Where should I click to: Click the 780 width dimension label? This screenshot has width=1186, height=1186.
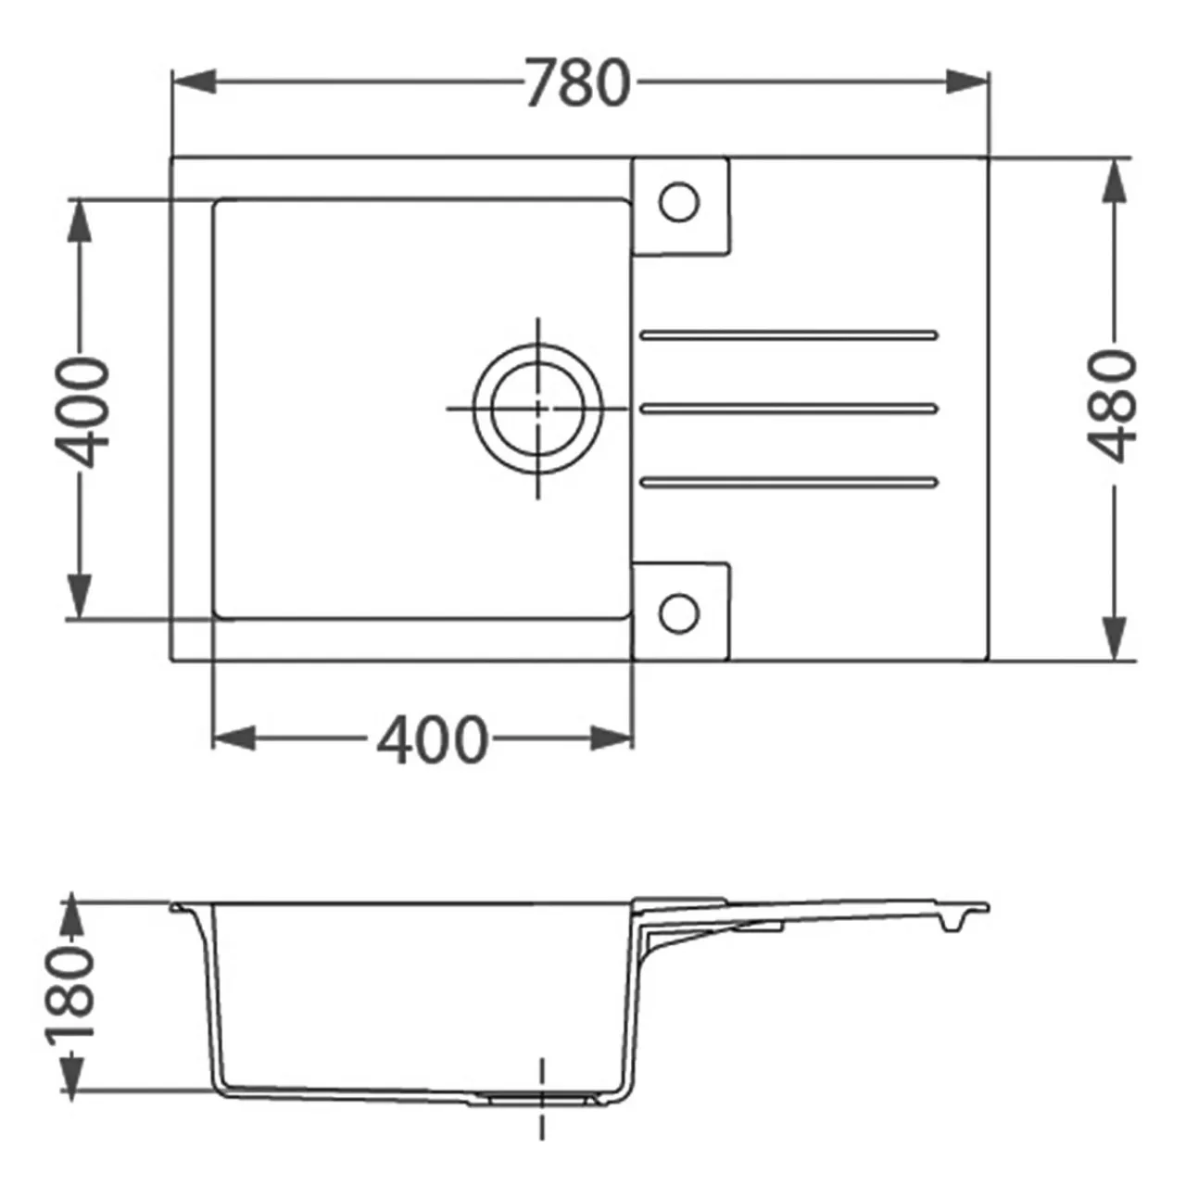point(579,83)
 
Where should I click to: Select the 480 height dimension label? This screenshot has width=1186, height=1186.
point(1112,406)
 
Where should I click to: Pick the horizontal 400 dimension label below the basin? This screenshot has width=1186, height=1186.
point(433,739)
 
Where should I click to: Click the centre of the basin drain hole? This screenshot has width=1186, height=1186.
point(538,408)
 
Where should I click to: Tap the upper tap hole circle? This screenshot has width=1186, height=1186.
point(679,202)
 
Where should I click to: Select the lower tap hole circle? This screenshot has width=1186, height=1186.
point(679,613)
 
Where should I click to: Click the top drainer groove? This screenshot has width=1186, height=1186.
point(789,335)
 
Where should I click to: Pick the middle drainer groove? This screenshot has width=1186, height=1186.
point(789,408)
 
